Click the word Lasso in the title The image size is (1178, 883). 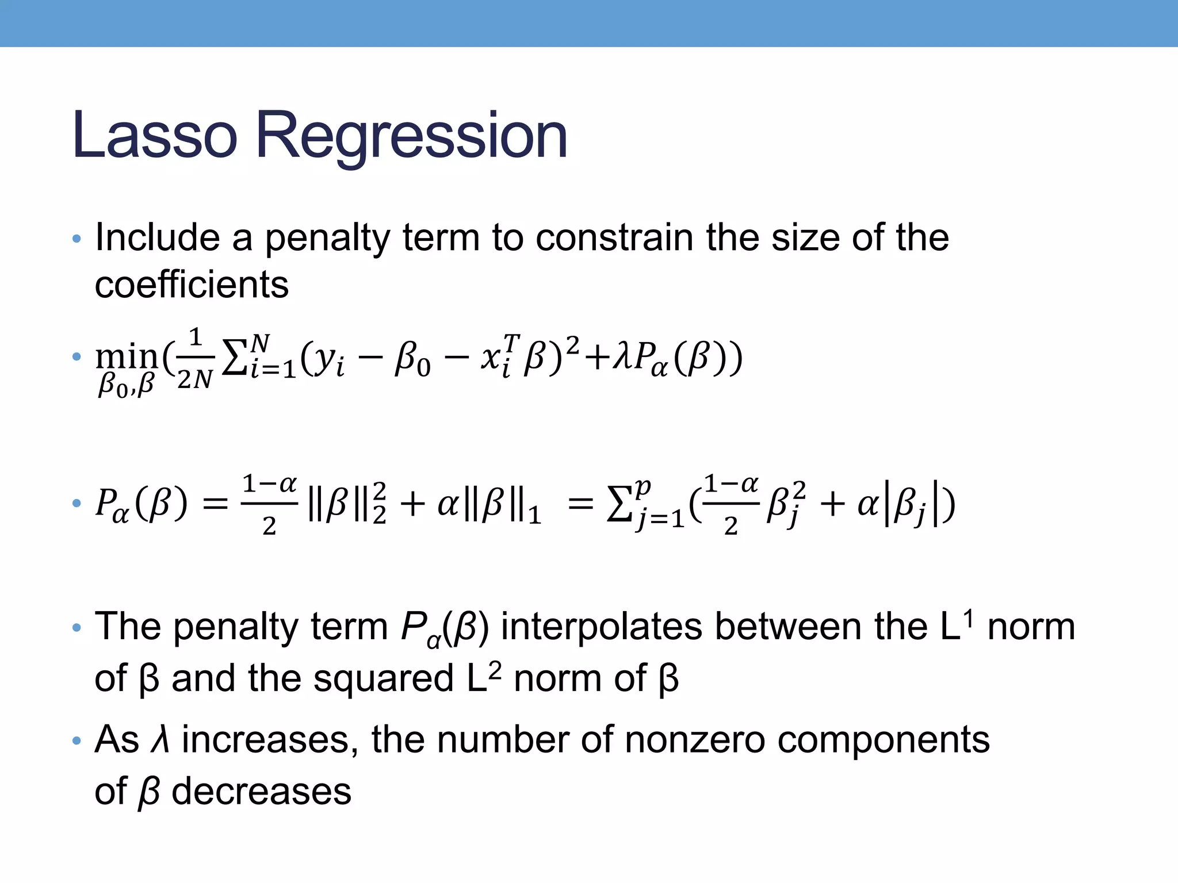pos(154,136)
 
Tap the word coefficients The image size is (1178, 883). pos(192,285)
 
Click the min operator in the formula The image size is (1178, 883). pos(127,358)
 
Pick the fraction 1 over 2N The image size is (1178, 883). pos(195,358)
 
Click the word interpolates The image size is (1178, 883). pos(601,627)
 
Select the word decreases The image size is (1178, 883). pos(261,792)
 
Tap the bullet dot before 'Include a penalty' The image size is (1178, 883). pos(77,239)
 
